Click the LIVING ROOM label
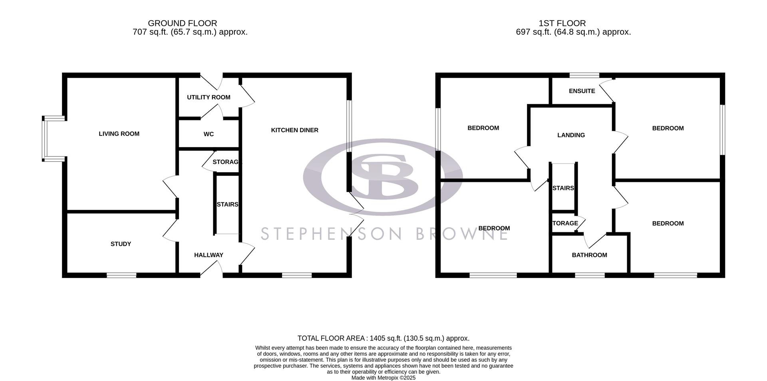click(x=119, y=134)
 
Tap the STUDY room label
click(x=121, y=244)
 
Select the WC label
click(x=209, y=134)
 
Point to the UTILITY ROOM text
click(x=209, y=97)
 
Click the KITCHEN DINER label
click(x=294, y=130)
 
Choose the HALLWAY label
click(x=209, y=255)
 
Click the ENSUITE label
click(x=582, y=91)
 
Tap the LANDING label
click(x=571, y=135)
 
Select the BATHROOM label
click(x=589, y=255)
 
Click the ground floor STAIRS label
click(x=227, y=204)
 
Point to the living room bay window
click(x=46, y=139)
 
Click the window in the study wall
click(x=121, y=275)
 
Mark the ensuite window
click(x=584, y=75)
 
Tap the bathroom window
click(x=590, y=275)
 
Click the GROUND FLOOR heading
click(x=182, y=24)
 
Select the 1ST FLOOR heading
click(x=562, y=24)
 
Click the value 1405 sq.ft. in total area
click(x=385, y=338)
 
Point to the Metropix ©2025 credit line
click(x=383, y=377)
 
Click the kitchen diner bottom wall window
click(x=297, y=275)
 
